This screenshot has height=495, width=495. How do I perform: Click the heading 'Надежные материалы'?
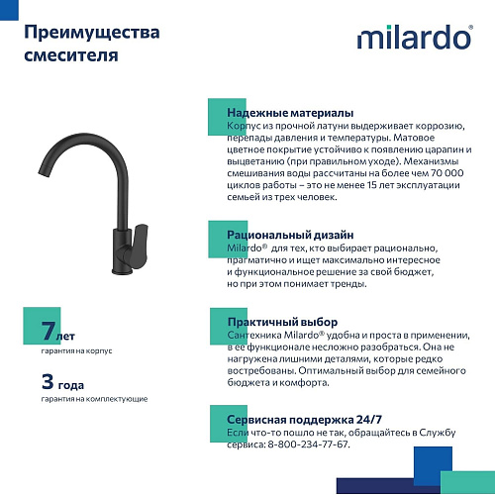tap(290, 113)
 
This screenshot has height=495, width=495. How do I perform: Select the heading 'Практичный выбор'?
tap(282, 323)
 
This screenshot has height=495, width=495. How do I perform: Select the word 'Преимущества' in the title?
tap(91, 32)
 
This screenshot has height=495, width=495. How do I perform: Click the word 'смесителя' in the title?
tap(70, 54)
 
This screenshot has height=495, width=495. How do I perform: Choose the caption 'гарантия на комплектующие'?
tap(94, 398)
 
